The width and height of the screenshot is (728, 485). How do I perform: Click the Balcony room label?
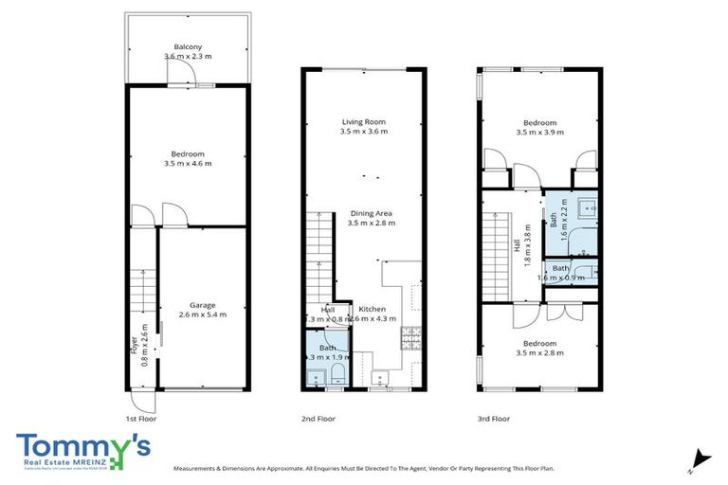187,46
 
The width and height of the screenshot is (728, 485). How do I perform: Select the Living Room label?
365,122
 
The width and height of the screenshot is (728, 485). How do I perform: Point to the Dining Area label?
372,213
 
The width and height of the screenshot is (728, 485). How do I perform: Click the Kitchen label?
373,310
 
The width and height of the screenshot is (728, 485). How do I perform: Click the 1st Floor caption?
140,418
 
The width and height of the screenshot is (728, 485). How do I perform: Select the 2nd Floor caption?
319,418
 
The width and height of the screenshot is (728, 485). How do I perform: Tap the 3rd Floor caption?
494,418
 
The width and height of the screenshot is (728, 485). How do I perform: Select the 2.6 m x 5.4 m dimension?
203,314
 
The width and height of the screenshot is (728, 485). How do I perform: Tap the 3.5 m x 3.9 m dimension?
539,133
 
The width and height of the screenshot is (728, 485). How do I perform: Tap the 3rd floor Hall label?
517,243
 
